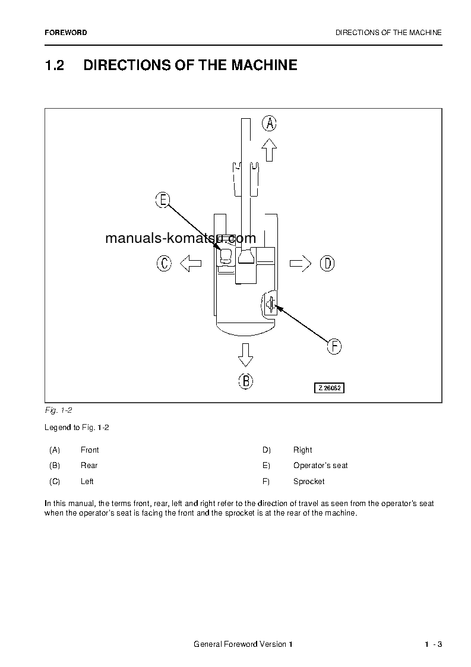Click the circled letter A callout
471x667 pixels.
click(x=270, y=123)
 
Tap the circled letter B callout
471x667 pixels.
click(x=245, y=381)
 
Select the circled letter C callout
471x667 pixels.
click(x=164, y=263)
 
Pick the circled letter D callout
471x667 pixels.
click(x=327, y=263)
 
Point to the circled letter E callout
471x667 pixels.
click(x=163, y=200)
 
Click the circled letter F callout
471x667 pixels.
click(x=334, y=346)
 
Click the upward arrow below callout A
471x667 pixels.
click(x=270, y=150)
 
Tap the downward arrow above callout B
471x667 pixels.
click(x=245, y=355)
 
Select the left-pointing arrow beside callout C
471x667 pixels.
click(x=190, y=263)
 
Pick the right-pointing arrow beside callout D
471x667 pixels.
click(x=301, y=263)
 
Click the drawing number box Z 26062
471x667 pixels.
click(x=330, y=388)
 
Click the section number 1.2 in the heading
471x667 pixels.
click(x=55, y=65)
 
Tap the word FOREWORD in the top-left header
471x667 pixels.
click(x=65, y=33)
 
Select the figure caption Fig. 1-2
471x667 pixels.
click(x=58, y=410)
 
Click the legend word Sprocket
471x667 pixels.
click(x=309, y=481)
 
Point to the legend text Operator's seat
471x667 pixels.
click(x=320, y=465)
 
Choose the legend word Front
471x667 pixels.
click(x=90, y=450)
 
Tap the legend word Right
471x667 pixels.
click(x=302, y=450)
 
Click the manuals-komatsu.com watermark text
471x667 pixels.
click(x=181, y=239)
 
